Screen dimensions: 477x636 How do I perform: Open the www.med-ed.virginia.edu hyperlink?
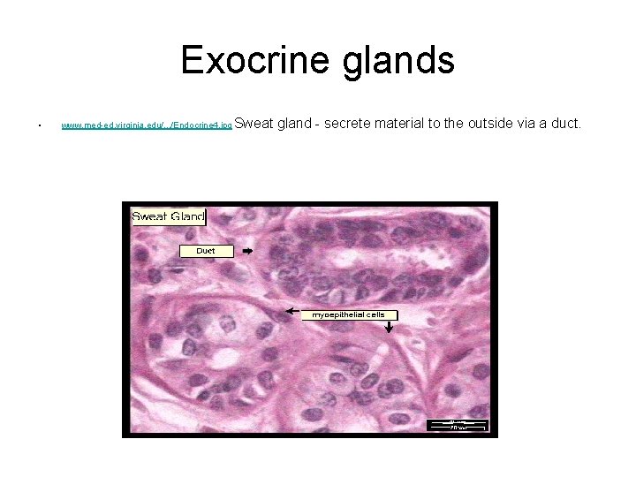pyautogui.click(x=146, y=126)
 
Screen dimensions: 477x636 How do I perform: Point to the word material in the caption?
pyautogui.click(x=398, y=123)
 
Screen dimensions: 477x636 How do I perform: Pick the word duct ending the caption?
pyautogui.click(x=564, y=123)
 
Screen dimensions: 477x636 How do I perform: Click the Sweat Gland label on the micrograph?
pyautogui.click(x=168, y=216)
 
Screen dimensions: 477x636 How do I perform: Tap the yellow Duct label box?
pyautogui.click(x=206, y=251)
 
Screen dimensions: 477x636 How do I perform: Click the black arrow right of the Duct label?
pyautogui.click(x=247, y=251)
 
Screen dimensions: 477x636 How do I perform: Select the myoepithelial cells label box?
pyautogui.click(x=349, y=314)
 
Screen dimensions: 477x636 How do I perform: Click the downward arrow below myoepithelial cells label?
pyautogui.click(x=390, y=328)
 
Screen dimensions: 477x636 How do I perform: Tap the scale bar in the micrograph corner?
pyautogui.click(x=458, y=425)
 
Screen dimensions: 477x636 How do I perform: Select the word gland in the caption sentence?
pyautogui.click(x=295, y=123)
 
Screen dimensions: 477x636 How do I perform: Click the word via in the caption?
pyautogui.click(x=526, y=123)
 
